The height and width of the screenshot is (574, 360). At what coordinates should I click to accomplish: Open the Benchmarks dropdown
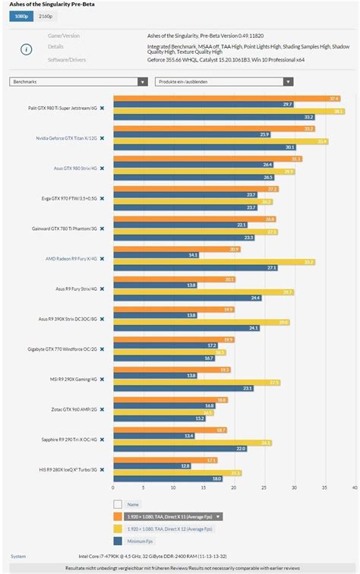(78, 81)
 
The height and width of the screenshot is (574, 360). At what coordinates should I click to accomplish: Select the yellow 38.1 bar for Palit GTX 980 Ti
(229, 111)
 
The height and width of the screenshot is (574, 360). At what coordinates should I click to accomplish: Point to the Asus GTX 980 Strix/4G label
(74, 169)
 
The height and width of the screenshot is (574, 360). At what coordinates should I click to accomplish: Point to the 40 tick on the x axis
(355, 487)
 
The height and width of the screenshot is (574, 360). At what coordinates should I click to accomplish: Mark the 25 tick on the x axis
(264, 487)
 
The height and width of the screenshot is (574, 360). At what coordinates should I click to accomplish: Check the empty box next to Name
(117, 503)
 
